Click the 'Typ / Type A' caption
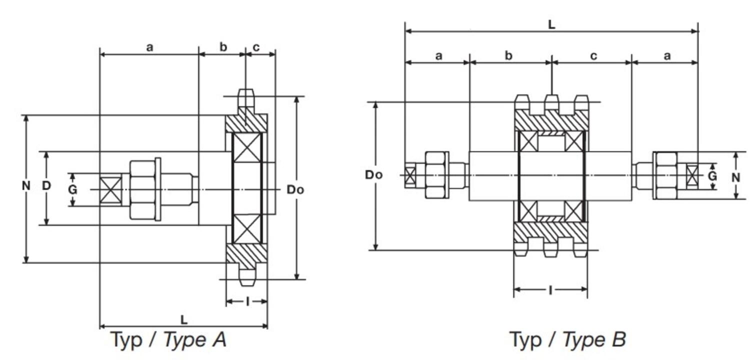tap(168, 340)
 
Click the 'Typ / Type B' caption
tap(567, 340)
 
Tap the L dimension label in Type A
tap(184, 319)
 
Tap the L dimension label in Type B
tap(551, 24)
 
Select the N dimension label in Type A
tap(26, 186)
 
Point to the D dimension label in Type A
tap(46, 186)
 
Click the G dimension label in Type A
tap(73, 190)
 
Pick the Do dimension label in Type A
tap(295, 190)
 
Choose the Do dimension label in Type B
tap(374, 175)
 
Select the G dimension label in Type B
tap(713, 176)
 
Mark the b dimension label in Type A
tap(223, 47)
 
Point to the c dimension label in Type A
tap(256, 47)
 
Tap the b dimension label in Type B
tap(508, 55)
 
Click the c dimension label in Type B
tap(593, 55)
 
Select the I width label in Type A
tap(247, 301)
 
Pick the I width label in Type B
tap(550, 289)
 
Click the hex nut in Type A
tap(142, 189)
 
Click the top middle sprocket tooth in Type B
tap(551, 102)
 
